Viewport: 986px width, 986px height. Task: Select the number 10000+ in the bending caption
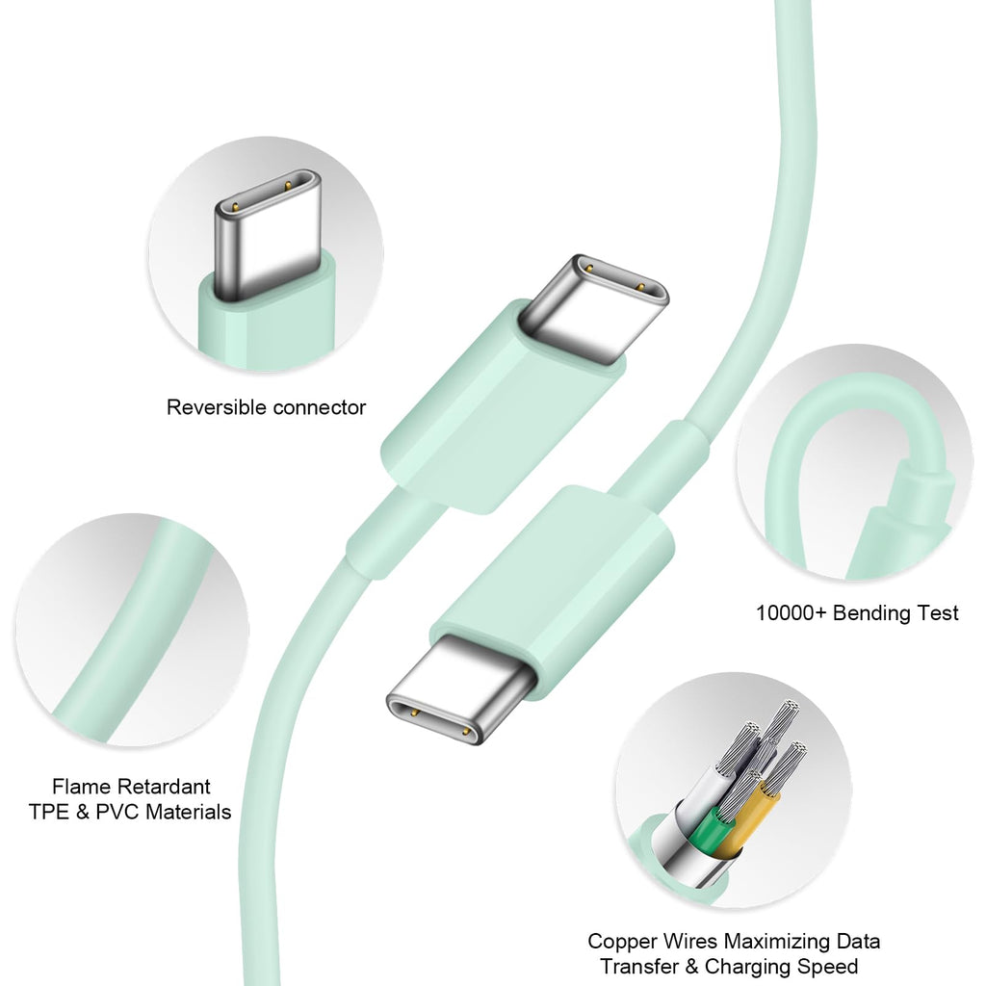pyautogui.click(x=791, y=612)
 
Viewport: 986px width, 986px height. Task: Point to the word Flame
pyautogui.click(x=81, y=787)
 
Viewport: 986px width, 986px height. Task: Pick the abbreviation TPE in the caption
pyautogui.click(x=49, y=812)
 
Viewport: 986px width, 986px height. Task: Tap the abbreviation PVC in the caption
pyautogui.click(x=119, y=812)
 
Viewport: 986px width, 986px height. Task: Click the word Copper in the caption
pyautogui.click(x=621, y=942)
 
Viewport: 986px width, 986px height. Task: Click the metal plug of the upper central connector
pyautogui.click(x=595, y=308)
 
